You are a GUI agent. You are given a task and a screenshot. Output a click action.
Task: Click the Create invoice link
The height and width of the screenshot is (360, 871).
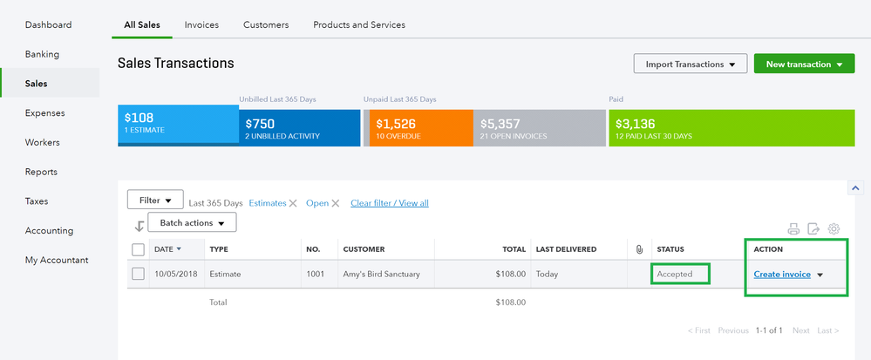tap(781, 275)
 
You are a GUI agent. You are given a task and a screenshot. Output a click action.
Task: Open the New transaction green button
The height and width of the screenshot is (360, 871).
tap(804, 65)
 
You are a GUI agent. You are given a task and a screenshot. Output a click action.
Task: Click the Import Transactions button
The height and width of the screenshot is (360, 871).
tap(689, 65)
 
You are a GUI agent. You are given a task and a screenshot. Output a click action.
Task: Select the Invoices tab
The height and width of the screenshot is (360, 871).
tap(201, 25)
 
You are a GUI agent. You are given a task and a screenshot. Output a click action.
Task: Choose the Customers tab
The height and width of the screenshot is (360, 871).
tap(266, 25)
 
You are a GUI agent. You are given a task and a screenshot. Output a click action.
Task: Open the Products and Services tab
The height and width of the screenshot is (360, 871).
tap(359, 25)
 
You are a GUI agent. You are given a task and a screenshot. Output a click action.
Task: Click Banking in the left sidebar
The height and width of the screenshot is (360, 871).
tap(42, 54)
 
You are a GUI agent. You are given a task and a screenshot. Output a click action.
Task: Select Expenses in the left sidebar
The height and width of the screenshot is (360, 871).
tap(44, 113)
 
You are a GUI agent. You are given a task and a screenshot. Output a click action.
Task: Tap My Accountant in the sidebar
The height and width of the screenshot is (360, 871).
tap(57, 260)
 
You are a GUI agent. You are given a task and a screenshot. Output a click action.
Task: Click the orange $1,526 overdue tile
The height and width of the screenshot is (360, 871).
tap(420, 128)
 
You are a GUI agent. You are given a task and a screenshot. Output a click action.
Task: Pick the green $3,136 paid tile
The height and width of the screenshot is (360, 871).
tap(731, 128)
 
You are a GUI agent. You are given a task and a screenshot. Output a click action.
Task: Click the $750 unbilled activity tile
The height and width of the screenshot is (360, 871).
tap(299, 128)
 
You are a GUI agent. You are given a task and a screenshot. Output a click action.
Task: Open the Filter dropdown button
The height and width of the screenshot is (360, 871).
tap(155, 200)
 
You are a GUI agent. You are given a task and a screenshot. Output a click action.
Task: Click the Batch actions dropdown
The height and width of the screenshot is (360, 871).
tap(192, 223)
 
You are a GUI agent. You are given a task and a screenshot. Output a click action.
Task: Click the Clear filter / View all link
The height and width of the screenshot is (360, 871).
tap(389, 203)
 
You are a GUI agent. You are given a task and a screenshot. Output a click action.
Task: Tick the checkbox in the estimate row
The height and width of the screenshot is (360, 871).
tap(138, 275)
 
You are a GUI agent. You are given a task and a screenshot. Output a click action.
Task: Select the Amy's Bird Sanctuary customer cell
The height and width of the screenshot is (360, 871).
tap(381, 275)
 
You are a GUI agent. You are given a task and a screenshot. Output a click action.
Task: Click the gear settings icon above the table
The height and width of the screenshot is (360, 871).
tap(834, 229)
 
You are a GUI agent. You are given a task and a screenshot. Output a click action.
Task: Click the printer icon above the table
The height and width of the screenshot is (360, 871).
tap(793, 229)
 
